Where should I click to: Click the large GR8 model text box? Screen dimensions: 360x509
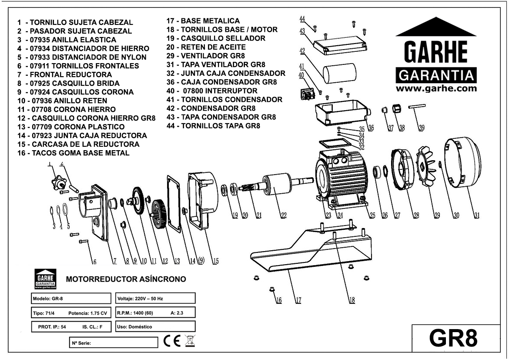(x=455, y=338)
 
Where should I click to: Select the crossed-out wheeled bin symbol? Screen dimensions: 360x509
(x=190, y=341)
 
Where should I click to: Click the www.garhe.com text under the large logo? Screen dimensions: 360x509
(x=436, y=88)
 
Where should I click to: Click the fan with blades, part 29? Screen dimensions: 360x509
(x=427, y=168)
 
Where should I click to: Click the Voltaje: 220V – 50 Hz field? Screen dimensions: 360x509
(x=156, y=298)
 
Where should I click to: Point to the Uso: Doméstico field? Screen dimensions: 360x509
(x=156, y=326)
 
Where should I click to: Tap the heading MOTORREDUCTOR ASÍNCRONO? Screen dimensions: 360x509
(x=126, y=279)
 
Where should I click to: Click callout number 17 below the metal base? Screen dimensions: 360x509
(x=298, y=300)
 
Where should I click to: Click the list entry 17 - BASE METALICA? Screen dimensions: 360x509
(x=203, y=21)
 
